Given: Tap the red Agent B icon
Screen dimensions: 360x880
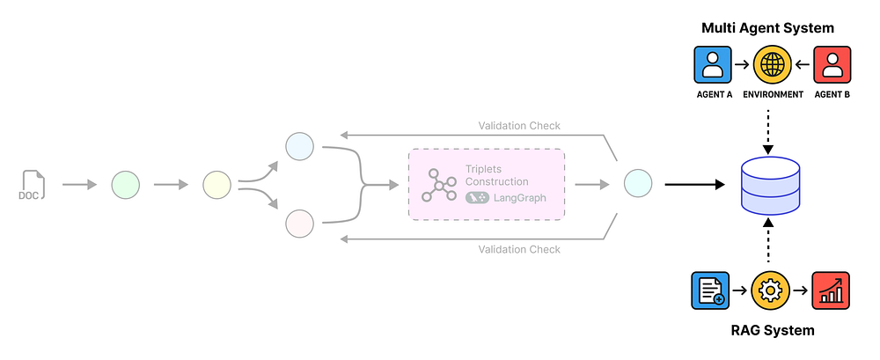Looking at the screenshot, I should pos(830,66).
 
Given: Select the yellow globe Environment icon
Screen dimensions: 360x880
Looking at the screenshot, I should pos(771,66).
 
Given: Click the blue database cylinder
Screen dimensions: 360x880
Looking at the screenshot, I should pos(771,186).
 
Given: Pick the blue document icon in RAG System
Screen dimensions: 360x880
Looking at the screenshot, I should pos(711,290).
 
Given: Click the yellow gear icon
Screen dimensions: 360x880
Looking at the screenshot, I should pos(771,290).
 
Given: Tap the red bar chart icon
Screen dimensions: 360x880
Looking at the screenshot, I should pos(830,290).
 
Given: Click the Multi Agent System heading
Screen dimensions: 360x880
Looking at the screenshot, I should pos(768,28).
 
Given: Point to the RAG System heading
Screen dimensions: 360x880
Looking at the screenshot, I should pos(771,330).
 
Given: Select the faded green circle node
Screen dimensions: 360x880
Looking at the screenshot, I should pos(126,186).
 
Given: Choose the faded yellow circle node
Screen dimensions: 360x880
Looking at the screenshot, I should pos(216,186).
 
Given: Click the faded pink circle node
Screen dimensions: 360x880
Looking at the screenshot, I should pos(300,224).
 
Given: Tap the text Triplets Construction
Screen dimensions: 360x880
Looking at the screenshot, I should pos(496,175).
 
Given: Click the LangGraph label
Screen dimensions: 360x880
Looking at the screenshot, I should pos(519,198).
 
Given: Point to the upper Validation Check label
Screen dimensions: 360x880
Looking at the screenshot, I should pos(519,126).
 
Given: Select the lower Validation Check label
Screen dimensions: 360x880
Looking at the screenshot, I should pos(519,249).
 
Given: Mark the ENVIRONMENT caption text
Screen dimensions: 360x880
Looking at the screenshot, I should pos(771,94).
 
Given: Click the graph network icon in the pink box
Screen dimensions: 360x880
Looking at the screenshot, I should pos(439,185).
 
